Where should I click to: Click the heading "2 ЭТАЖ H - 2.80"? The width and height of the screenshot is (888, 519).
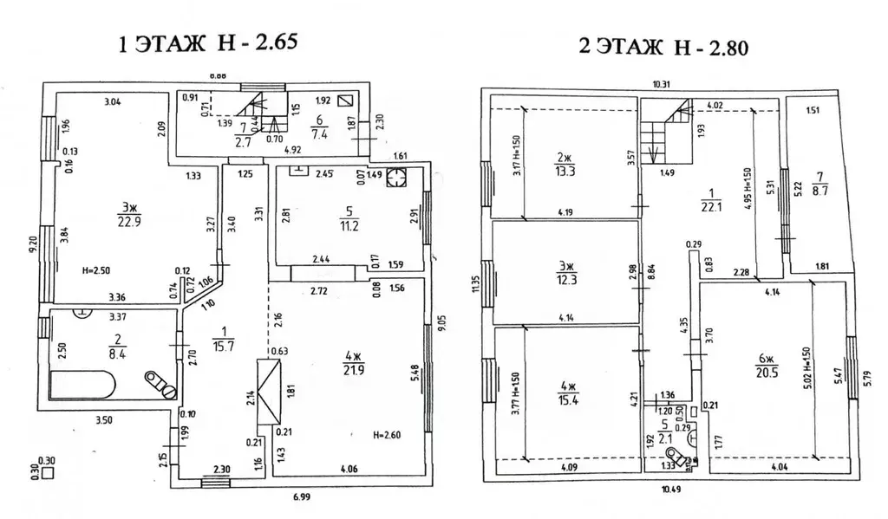pos(663,46)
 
